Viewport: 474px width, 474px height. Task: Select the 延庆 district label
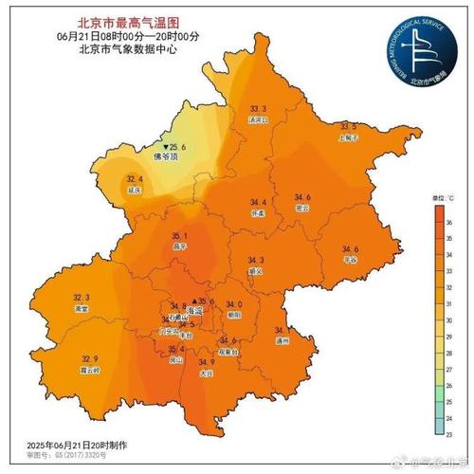coord(135,190)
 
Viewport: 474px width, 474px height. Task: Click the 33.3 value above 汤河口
coord(258,110)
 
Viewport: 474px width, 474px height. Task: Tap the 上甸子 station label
coord(349,137)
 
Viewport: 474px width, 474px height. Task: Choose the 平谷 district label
coord(350,259)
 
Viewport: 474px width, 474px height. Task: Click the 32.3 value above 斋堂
coord(82,298)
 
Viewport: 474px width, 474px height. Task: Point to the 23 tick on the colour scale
coord(450,433)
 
